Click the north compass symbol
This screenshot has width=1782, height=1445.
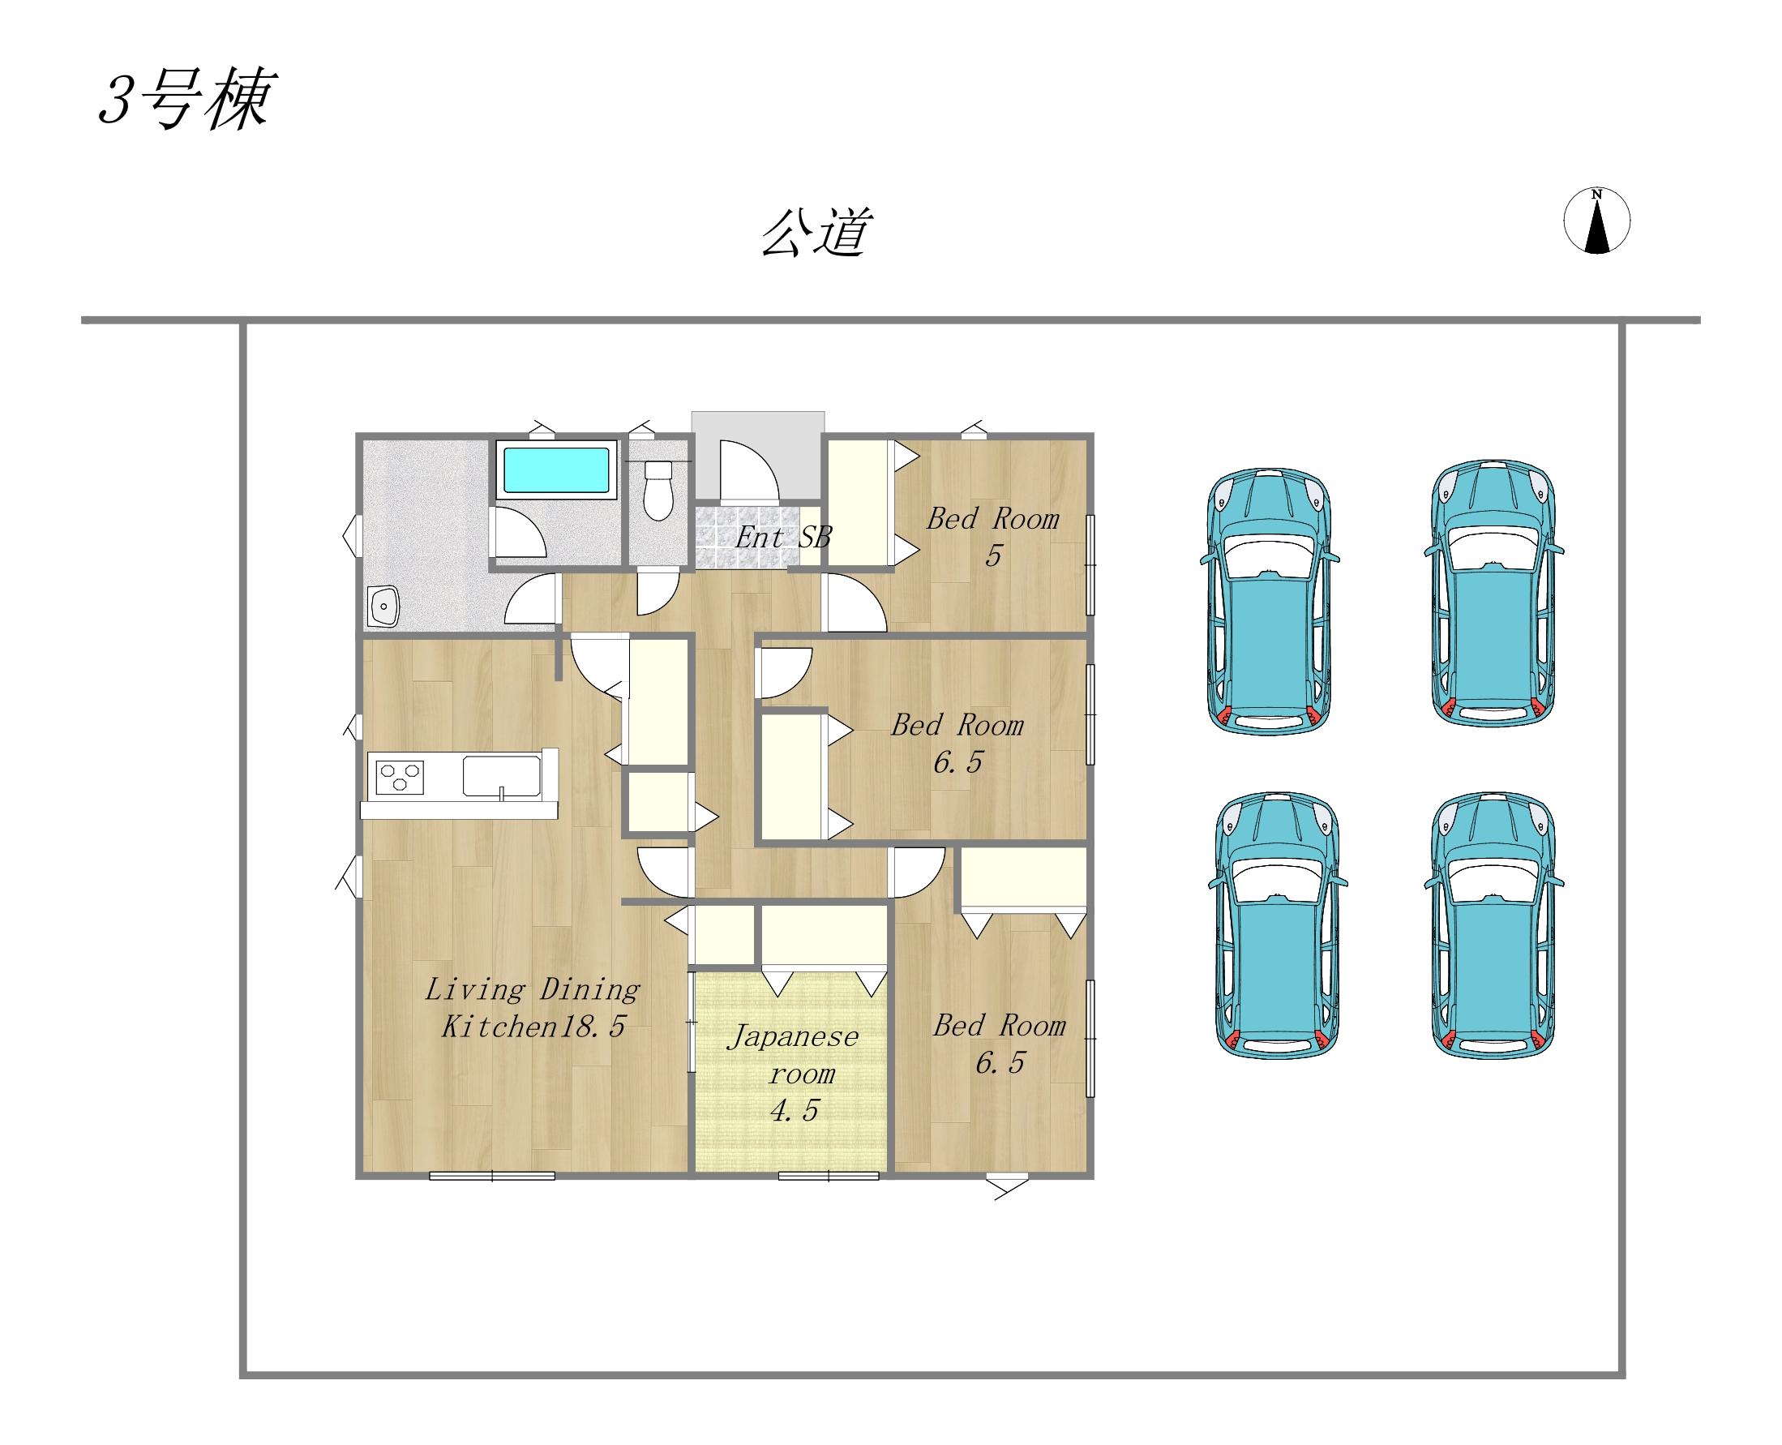1596,221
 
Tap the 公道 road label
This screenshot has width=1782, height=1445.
816,232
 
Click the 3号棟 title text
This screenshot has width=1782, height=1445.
185,101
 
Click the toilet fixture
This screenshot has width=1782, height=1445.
658,491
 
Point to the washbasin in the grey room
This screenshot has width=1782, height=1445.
383,605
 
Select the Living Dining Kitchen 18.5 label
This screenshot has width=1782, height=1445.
533,1008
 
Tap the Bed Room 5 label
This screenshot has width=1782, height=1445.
992,536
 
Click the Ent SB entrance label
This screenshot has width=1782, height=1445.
782,538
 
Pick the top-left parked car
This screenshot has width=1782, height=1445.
1269,601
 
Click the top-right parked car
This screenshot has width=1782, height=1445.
1493,593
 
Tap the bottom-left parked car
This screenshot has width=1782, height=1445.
1276,925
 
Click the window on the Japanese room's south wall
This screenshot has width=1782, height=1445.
828,1175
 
